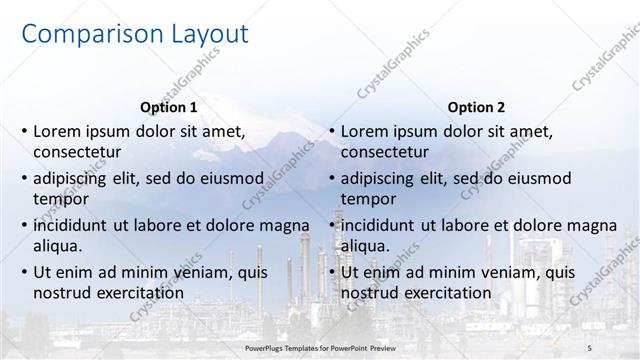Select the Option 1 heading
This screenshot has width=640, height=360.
(168, 107)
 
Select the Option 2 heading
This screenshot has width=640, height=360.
(476, 107)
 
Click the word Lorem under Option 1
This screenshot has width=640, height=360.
(59, 132)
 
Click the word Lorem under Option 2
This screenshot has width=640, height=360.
(367, 132)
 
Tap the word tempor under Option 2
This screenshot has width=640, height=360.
(369, 199)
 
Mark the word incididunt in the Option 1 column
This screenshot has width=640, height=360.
(76, 224)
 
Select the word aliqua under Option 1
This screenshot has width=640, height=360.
(59, 245)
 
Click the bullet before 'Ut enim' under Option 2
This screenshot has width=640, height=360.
(331, 272)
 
